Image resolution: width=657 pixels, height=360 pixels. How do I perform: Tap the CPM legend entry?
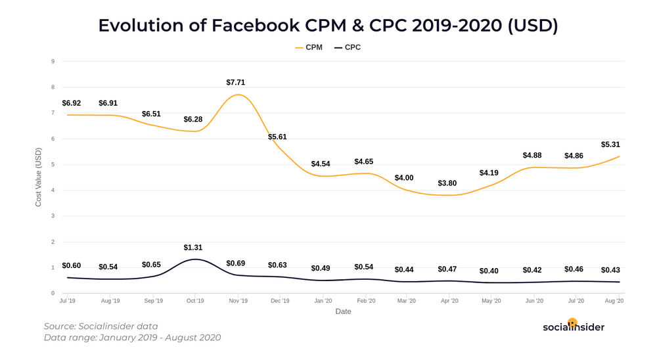(309, 47)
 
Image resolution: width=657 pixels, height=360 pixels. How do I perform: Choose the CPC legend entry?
(348, 47)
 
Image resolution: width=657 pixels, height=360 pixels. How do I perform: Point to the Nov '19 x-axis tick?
(238, 301)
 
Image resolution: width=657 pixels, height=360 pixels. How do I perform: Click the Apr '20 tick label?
(449, 301)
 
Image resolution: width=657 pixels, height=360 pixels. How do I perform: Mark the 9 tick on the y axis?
(53, 61)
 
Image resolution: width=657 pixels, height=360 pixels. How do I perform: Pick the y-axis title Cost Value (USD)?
(39, 177)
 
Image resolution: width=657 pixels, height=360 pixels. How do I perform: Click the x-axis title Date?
(343, 311)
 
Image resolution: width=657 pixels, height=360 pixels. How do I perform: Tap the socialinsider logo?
(573, 326)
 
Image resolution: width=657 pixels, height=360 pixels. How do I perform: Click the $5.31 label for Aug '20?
(610, 145)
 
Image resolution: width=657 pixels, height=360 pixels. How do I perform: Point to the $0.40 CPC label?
(489, 271)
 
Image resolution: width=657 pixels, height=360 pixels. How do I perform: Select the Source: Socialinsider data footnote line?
(101, 326)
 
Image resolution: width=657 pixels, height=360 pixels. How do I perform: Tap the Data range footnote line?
(132, 338)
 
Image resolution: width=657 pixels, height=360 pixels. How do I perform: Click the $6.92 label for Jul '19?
(72, 104)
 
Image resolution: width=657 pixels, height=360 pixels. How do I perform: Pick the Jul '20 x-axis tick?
(576, 301)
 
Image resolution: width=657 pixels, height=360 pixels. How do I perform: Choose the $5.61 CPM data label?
(277, 137)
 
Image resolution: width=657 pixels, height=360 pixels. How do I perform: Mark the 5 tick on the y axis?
(53, 164)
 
